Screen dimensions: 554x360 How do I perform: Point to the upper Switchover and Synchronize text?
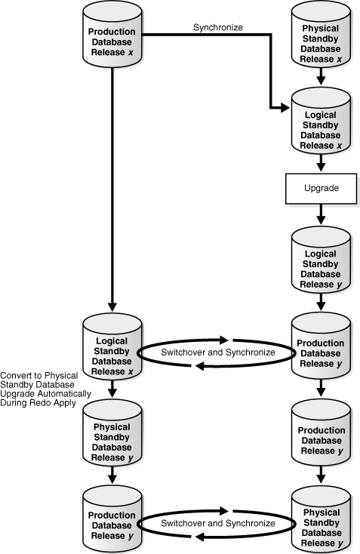pyautogui.click(x=217, y=352)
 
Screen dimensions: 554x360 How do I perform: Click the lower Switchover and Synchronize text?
pyautogui.click(x=217, y=524)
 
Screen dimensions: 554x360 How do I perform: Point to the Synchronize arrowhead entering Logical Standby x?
pyautogui.click(x=285, y=109)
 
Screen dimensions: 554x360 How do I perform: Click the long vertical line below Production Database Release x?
pyautogui.click(x=112, y=189)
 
